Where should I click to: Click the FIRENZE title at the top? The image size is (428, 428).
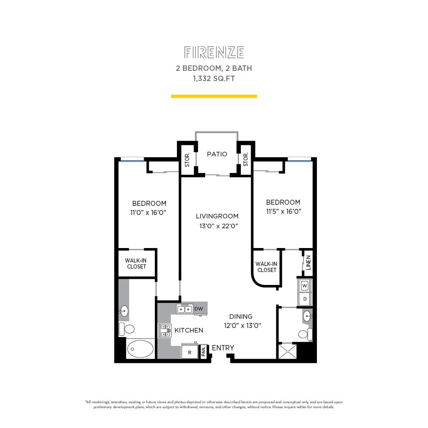click(x=214, y=53)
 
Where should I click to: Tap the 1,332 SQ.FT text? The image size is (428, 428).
click(x=214, y=79)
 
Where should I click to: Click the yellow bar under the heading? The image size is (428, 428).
click(x=214, y=96)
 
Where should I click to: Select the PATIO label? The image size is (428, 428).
click(x=217, y=154)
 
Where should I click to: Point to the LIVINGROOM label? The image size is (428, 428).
click(x=217, y=216)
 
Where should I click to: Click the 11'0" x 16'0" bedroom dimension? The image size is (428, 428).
click(x=148, y=213)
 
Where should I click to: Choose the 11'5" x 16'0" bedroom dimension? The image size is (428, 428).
click(x=283, y=212)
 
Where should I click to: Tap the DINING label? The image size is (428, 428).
click(x=240, y=317)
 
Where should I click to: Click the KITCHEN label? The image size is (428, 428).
click(x=189, y=330)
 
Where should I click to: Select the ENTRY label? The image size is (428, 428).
click(x=223, y=348)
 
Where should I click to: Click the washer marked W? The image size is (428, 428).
click(x=305, y=285)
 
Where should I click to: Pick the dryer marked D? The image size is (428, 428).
click(x=305, y=299)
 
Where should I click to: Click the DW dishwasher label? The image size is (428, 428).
click(x=199, y=309)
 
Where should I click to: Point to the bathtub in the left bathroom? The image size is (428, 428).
click(x=140, y=348)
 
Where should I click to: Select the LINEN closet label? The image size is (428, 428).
click(x=308, y=263)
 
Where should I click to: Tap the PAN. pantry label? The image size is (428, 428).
click(x=204, y=352)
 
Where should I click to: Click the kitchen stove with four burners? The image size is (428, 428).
click(x=165, y=330)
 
